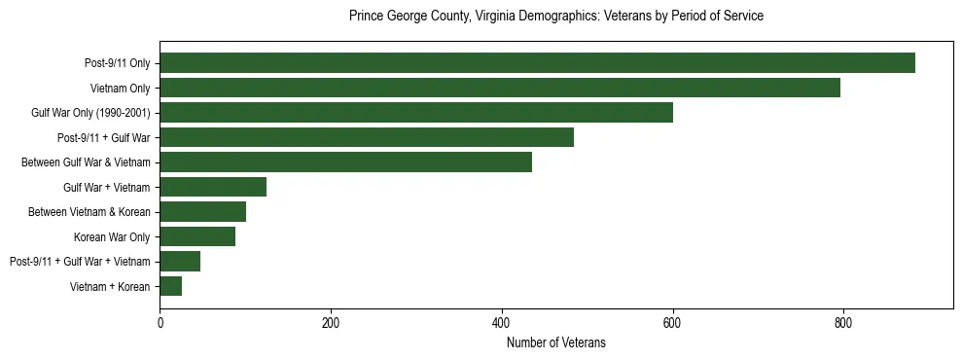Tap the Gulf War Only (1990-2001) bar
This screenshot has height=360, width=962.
tap(416, 113)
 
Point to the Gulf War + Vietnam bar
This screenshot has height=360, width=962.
tap(213, 187)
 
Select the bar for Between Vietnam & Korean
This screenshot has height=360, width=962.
tap(202, 212)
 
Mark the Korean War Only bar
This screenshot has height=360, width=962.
tap(197, 236)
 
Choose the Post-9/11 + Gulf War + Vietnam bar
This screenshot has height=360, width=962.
tap(180, 262)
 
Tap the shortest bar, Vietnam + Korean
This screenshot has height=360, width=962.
tap(170, 286)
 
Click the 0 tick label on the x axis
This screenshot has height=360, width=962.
tap(160, 323)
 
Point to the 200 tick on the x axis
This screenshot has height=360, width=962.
tap(331, 323)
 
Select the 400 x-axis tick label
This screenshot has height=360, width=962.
tap(502, 323)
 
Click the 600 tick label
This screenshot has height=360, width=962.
tap(672, 323)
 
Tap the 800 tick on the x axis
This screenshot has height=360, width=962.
tap(843, 323)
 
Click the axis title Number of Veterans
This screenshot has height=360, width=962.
tap(556, 342)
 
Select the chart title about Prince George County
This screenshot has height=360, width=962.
tap(556, 17)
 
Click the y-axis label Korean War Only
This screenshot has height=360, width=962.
tap(112, 236)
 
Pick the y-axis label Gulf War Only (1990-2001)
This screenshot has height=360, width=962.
tap(90, 113)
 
